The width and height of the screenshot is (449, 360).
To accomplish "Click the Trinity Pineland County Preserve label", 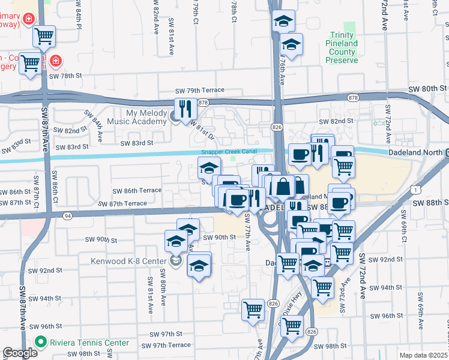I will pos(342,48).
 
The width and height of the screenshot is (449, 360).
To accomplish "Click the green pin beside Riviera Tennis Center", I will pos(41,343).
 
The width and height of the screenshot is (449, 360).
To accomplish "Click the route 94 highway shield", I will pos(67,215).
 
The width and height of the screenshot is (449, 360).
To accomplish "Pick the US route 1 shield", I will pos(416,190).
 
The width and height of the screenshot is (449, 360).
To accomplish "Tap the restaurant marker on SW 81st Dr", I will pos(184,109).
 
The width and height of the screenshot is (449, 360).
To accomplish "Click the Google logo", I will pos(20,353).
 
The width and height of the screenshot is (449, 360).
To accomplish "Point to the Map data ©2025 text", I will pos(423,355).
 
